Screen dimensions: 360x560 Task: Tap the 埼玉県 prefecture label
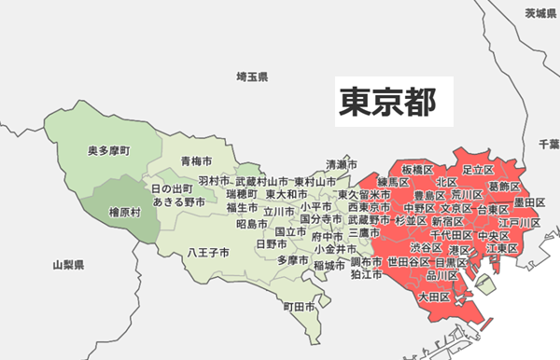click(x=252, y=76)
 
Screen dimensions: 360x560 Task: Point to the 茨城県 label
click(x=539, y=13)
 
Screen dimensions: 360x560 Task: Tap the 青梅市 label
click(x=196, y=161)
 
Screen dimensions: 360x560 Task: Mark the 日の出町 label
click(x=174, y=188)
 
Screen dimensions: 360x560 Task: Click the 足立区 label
click(x=477, y=169)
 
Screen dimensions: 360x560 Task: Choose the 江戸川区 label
click(x=520, y=224)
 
